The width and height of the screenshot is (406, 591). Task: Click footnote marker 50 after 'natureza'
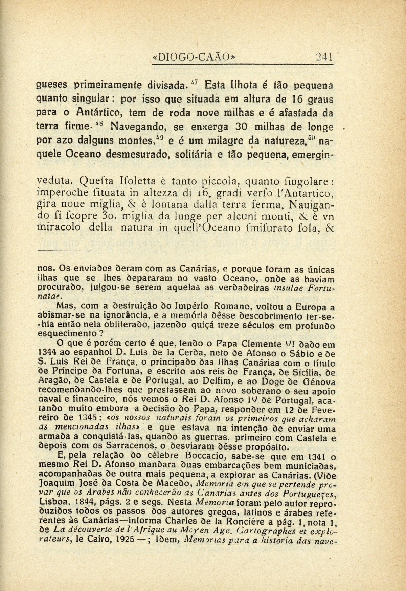point(311,137)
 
